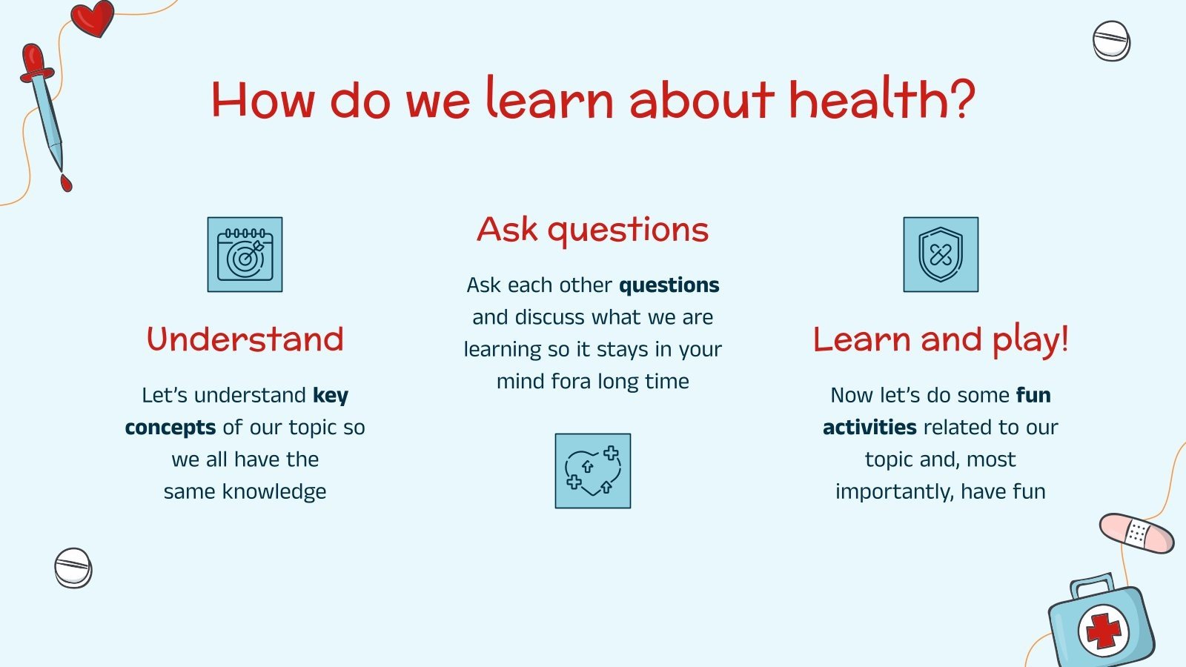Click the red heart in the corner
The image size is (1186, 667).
click(93, 18)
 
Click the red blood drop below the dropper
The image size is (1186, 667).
click(66, 182)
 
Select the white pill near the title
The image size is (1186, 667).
click(1111, 41)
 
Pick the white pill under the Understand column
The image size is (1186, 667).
click(73, 568)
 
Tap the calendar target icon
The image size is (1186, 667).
click(245, 254)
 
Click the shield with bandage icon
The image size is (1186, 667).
click(941, 254)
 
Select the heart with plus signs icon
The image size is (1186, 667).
click(593, 471)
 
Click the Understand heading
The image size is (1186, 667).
click(245, 339)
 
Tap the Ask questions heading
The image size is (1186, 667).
click(593, 230)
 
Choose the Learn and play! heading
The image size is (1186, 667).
click(941, 339)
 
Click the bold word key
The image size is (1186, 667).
click(331, 396)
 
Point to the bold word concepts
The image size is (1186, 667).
click(170, 428)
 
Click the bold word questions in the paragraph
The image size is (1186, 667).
click(669, 285)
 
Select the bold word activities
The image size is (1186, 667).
click(869, 428)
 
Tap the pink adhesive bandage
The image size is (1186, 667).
click(1136, 533)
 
